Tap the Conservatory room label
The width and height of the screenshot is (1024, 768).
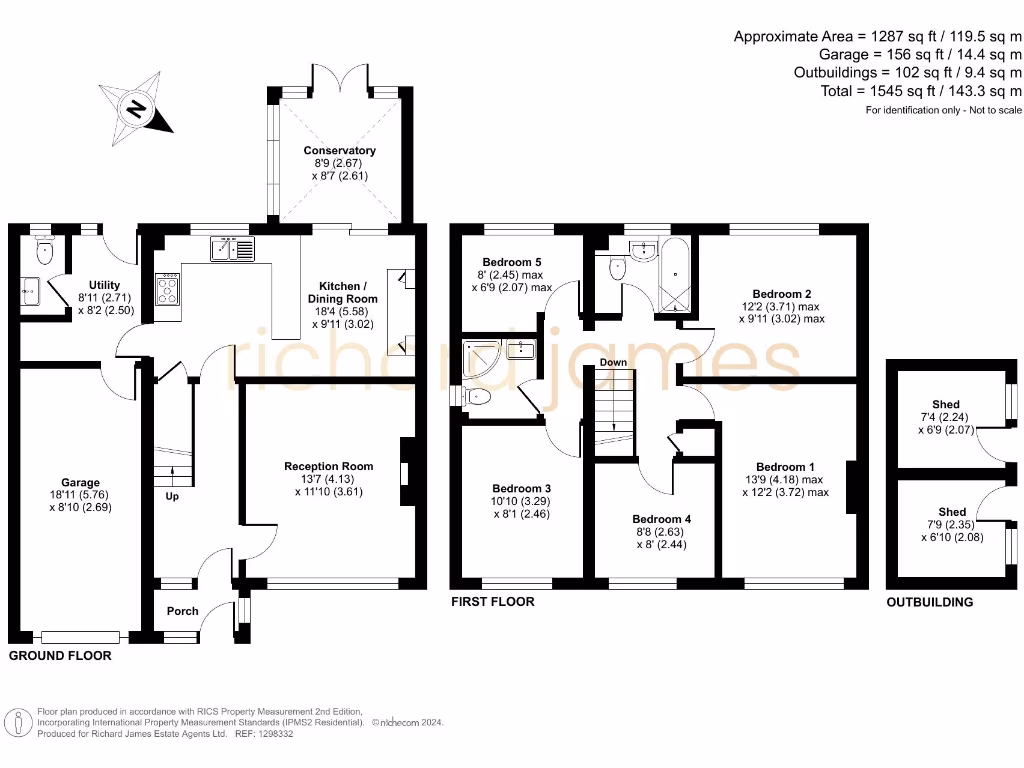pyautogui.click(x=340, y=151)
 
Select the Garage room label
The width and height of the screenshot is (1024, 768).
pyautogui.click(x=81, y=483)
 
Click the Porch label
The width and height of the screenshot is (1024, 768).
pyautogui.click(x=182, y=611)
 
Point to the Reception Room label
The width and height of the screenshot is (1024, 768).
pyautogui.click(x=329, y=466)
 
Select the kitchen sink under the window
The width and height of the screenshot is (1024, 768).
pyautogui.click(x=233, y=249)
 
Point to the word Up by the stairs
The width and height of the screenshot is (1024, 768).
pyautogui.click(x=171, y=496)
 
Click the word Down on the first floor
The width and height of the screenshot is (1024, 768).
pyautogui.click(x=613, y=362)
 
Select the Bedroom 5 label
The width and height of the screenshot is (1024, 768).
pyautogui.click(x=512, y=262)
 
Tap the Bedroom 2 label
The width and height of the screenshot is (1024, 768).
pyautogui.click(x=768, y=294)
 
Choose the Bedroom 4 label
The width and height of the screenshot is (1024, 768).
pyautogui.click(x=661, y=520)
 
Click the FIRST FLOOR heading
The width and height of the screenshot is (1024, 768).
pyautogui.click(x=492, y=602)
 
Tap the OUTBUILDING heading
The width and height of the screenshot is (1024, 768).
pyautogui.click(x=929, y=602)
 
